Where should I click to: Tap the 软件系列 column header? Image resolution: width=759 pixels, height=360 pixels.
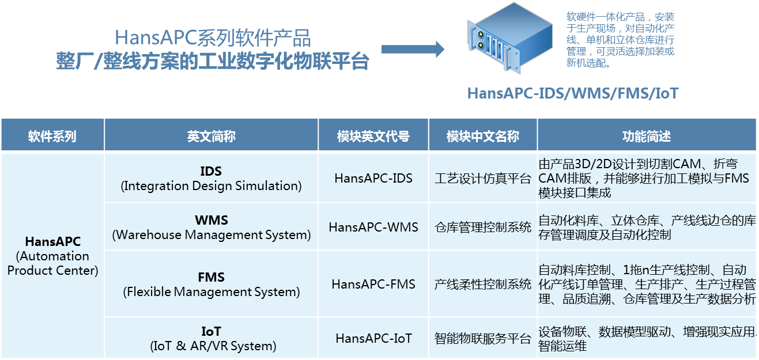pyautogui.click(x=52, y=136)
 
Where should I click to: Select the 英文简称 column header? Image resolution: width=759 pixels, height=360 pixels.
pyautogui.click(x=211, y=136)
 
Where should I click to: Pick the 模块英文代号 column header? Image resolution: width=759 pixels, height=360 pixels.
pyautogui.click(x=373, y=136)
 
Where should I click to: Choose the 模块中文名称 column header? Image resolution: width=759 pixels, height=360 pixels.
pyautogui.click(x=482, y=136)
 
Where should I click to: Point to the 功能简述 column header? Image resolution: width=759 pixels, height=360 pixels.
pyautogui.click(x=646, y=136)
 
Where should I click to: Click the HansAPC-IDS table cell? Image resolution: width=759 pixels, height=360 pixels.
pyautogui.click(x=373, y=179)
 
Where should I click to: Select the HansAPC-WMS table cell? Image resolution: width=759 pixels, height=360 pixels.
pyautogui.click(x=373, y=227)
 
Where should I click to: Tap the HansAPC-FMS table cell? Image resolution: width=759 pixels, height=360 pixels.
pyautogui.click(x=373, y=284)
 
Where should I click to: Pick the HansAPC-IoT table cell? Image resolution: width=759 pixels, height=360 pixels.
pyautogui.click(x=373, y=338)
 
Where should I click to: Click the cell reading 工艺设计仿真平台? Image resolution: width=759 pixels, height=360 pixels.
pyautogui.click(x=482, y=179)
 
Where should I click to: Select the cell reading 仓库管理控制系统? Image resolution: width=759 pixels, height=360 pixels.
pyautogui.click(x=482, y=227)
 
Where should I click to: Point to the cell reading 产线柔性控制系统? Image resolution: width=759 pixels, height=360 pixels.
pyautogui.click(x=482, y=284)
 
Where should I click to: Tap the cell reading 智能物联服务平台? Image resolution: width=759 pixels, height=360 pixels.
pyautogui.click(x=482, y=338)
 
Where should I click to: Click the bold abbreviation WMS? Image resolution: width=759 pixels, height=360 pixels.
pyautogui.click(x=211, y=220)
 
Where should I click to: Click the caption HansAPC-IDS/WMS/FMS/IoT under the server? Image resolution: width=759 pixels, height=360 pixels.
pyautogui.click(x=572, y=93)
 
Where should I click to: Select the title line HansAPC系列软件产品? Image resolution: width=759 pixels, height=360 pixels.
pyautogui.click(x=213, y=39)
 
